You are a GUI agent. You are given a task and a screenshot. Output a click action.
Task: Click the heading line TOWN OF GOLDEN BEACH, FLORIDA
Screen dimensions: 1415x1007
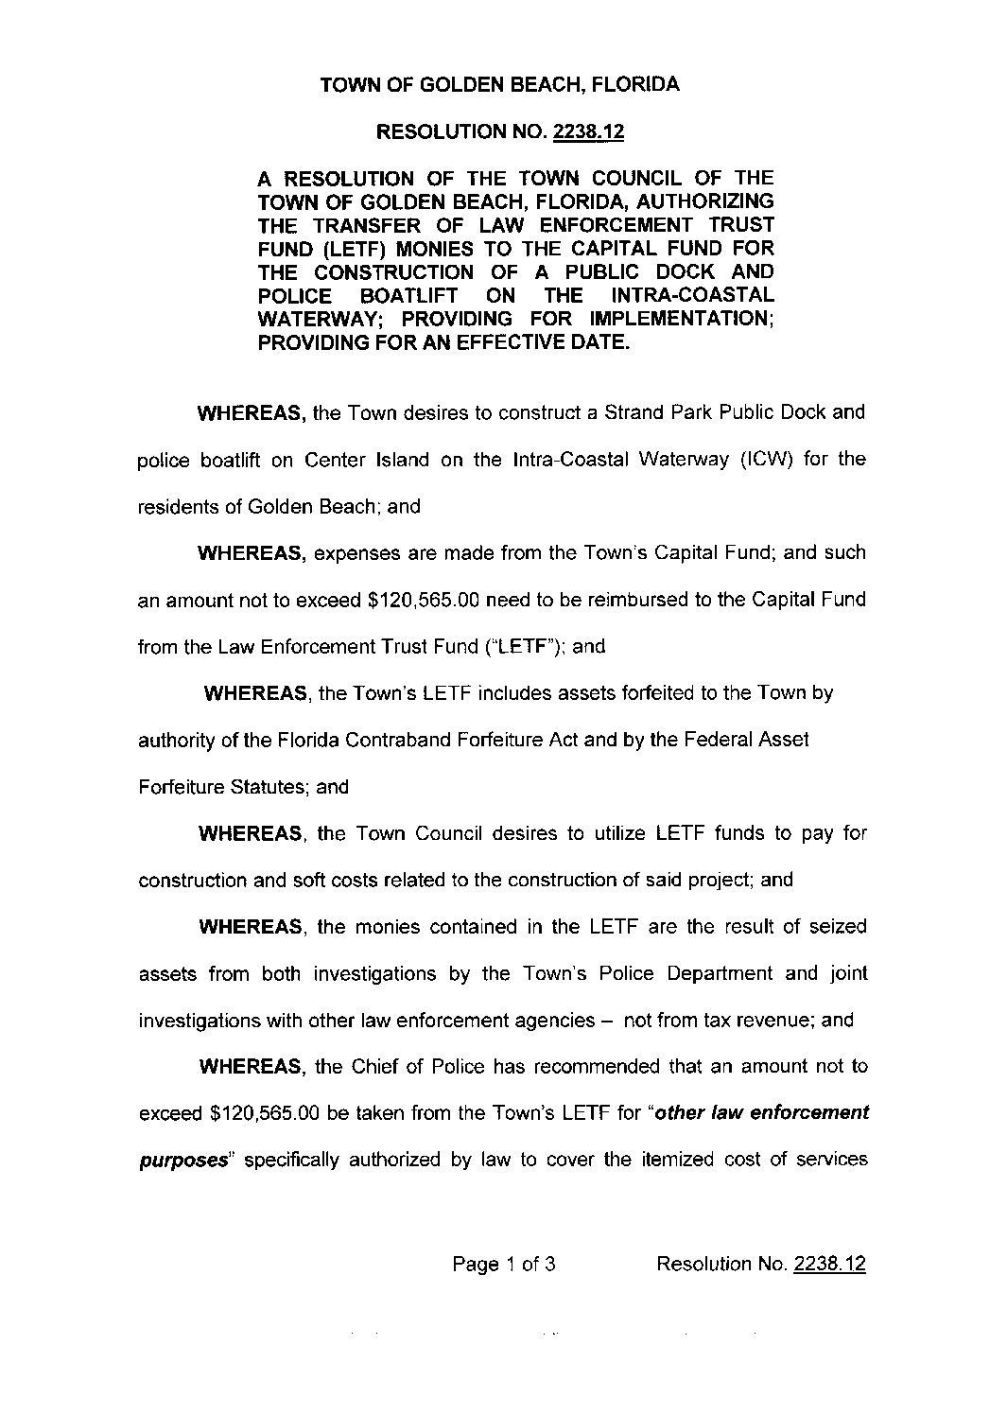pyautogui.click(x=499, y=85)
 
